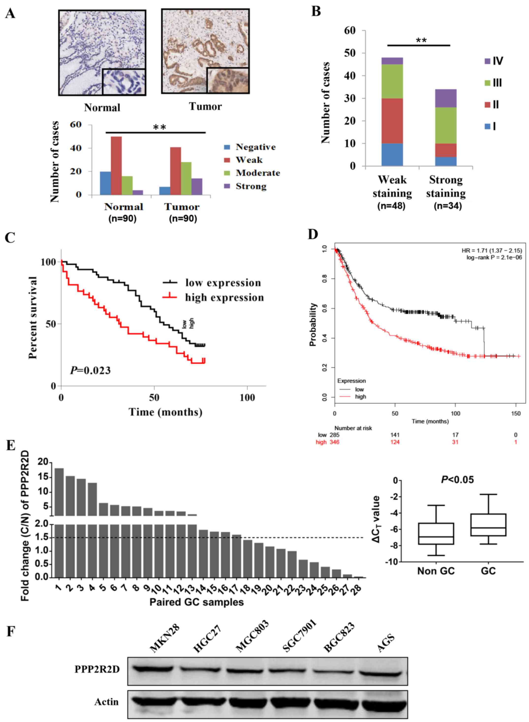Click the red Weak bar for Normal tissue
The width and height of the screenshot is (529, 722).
tap(116, 166)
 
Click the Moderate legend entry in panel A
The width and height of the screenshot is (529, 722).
tap(257, 173)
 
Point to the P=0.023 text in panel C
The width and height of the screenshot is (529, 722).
tap(90, 370)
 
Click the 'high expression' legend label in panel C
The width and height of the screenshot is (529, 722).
tap(224, 297)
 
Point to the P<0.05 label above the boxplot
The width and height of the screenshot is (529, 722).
tap(457, 479)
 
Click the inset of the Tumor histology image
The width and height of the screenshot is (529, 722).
tap(227, 80)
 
